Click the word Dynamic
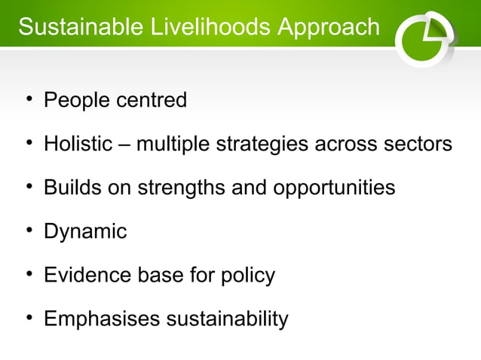point(85,232)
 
